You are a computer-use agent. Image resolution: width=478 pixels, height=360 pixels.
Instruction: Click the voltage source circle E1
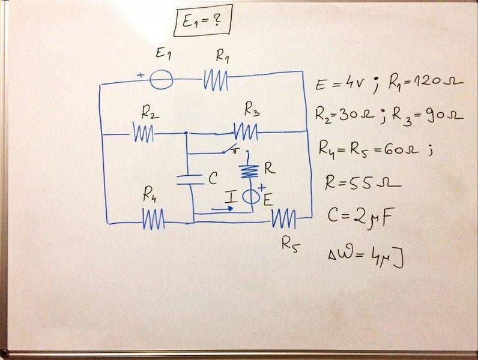[160, 79]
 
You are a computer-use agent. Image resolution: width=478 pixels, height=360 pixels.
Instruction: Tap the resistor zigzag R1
[216, 79]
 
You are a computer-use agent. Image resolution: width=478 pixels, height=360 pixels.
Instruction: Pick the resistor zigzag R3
[246, 131]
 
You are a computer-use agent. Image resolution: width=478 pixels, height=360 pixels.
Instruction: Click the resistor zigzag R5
[283, 220]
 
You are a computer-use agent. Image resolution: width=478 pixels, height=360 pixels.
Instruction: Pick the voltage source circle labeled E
[250, 196]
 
